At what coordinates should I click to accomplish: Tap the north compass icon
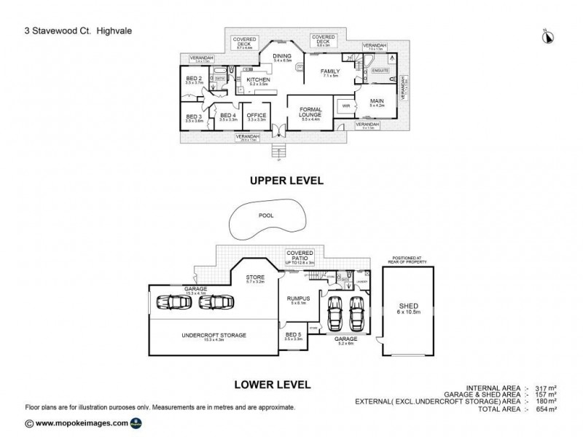547,34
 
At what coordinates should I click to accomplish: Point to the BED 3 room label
193,117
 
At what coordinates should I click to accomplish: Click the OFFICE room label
256,115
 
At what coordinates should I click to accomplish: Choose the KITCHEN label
259,79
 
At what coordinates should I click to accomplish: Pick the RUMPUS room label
298,299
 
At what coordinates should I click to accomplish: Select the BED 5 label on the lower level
293,334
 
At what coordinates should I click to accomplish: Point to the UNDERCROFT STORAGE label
214,335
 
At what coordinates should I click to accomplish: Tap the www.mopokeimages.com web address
81,422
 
